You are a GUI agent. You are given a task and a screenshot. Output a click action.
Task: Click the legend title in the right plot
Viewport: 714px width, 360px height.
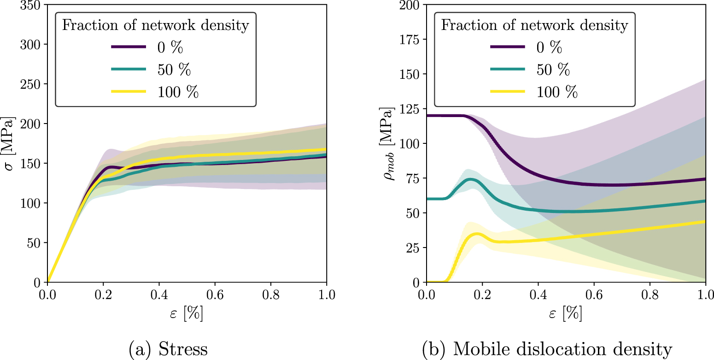coord(534,25)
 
